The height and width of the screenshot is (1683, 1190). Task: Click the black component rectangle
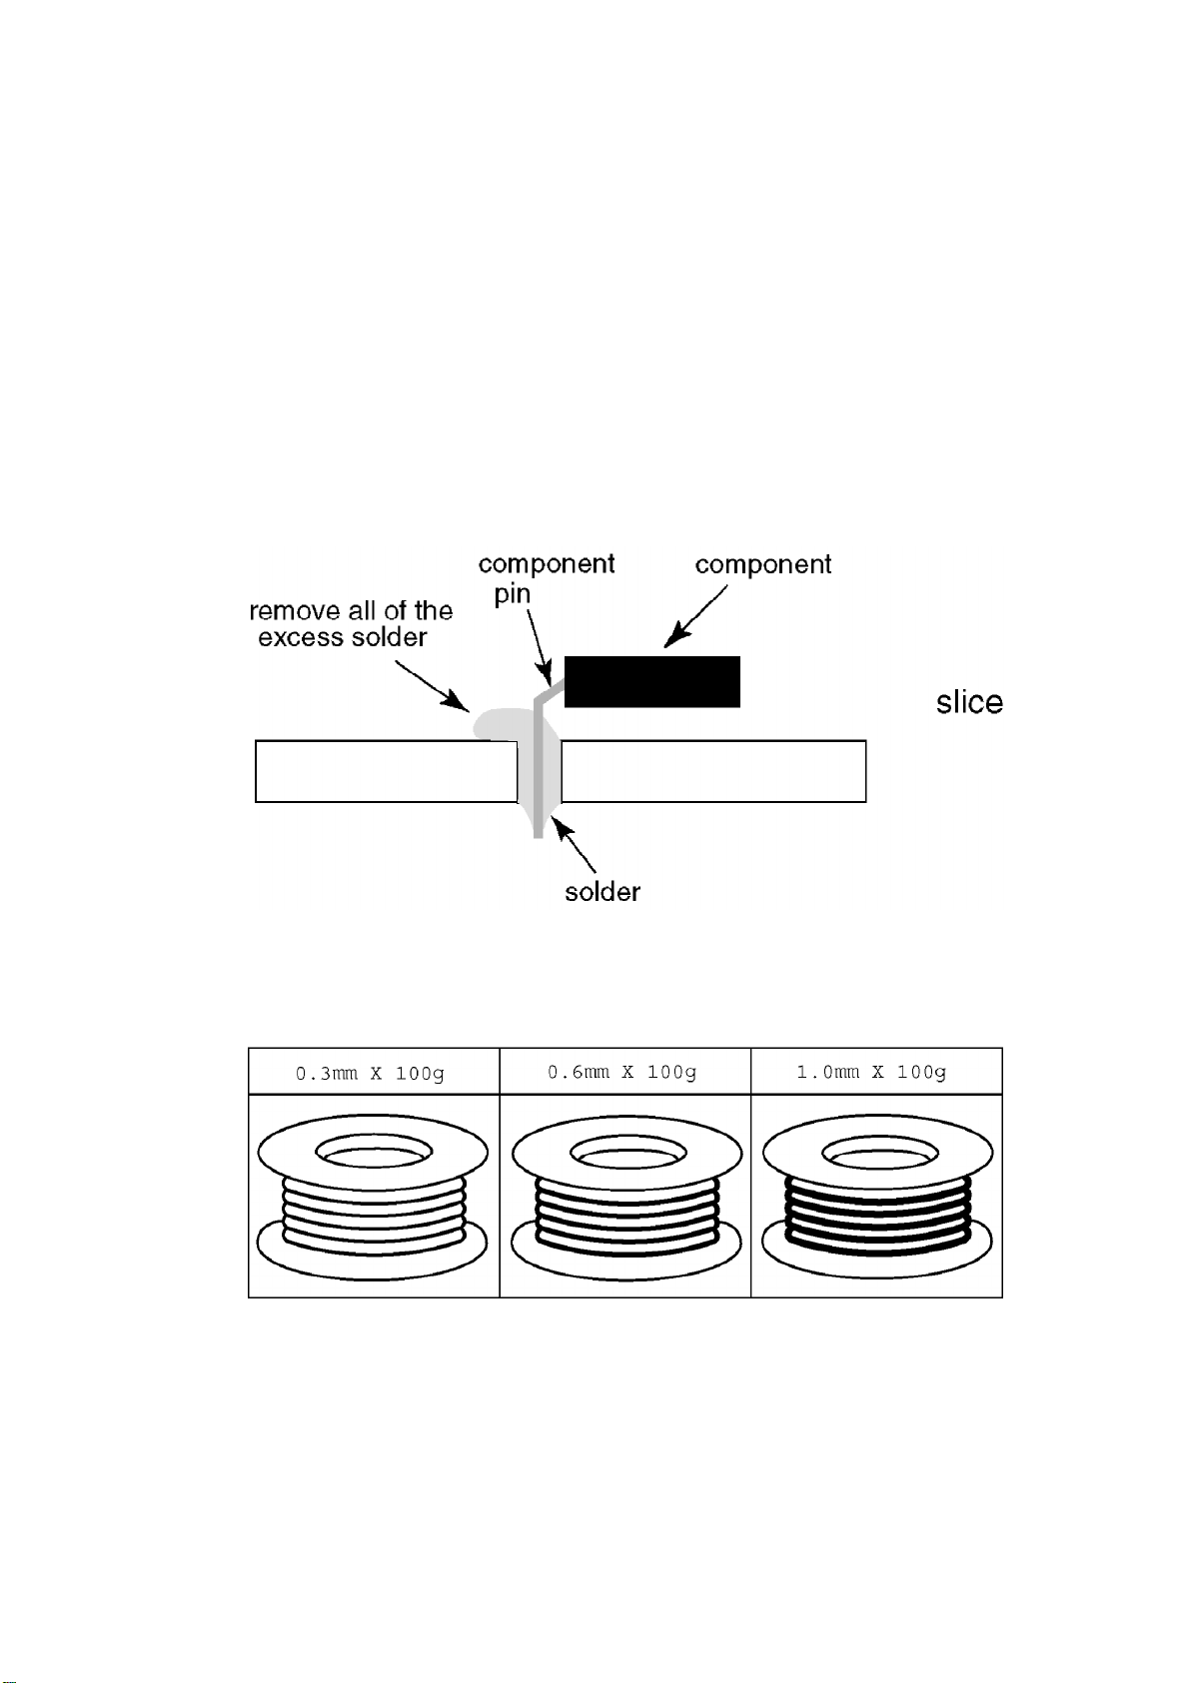tap(651, 682)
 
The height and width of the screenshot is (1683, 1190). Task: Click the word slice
tap(969, 702)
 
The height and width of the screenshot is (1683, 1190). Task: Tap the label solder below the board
tap(601, 891)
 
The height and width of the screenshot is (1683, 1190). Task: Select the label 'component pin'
tap(546, 578)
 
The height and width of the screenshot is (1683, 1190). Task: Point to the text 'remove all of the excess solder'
tap(350, 624)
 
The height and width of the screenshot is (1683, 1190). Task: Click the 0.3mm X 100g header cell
tap(373, 1073)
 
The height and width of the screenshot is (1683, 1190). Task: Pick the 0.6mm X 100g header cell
tap(623, 1072)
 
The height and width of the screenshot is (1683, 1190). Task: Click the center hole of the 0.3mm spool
tap(374, 1154)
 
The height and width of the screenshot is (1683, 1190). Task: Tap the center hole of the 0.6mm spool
tap(627, 1154)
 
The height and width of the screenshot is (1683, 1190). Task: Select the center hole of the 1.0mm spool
tap(879, 1154)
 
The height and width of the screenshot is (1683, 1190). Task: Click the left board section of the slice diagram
tap(385, 771)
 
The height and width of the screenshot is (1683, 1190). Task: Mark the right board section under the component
tap(713, 771)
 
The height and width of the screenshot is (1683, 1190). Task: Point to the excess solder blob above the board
tap(497, 724)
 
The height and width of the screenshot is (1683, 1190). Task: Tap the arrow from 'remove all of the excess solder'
tap(432, 686)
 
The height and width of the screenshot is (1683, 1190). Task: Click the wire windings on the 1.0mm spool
tap(877, 1216)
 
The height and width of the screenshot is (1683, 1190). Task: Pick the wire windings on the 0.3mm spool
tap(374, 1216)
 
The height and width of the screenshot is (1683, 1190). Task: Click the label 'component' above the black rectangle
tap(762, 564)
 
